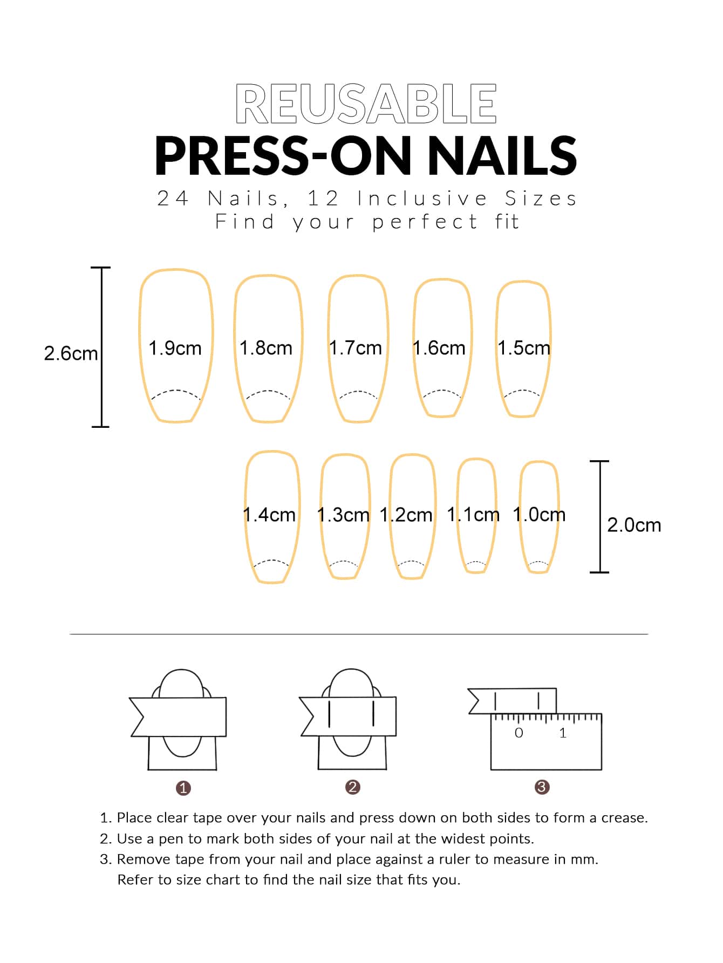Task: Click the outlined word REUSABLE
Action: tap(366, 104)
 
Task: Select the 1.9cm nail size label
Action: tap(175, 348)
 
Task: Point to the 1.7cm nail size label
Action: tap(356, 348)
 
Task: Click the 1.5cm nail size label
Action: tap(524, 348)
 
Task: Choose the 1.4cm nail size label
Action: tap(269, 515)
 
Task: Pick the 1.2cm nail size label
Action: tap(406, 515)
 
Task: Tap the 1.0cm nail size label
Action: tap(539, 515)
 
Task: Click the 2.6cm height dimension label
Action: tap(71, 354)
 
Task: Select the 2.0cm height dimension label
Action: tap(634, 525)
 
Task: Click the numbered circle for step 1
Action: tap(183, 788)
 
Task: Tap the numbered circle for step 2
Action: tap(353, 787)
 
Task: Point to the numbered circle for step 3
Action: tap(542, 787)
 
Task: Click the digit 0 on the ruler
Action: tap(519, 733)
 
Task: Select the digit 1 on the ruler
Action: tap(563, 733)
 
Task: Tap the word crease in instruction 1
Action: tap(623, 818)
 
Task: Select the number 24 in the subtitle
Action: tap(173, 199)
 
